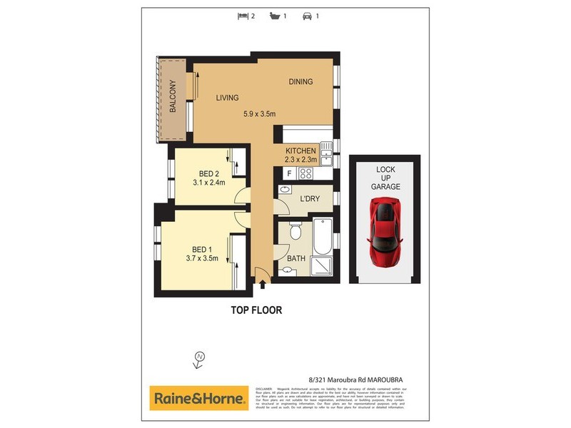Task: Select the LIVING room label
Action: pyautogui.click(x=228, y=98)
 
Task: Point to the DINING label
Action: pyautogui.click(x=300, y=81)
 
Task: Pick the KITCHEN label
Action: pyautogui.click(x=300, y=151)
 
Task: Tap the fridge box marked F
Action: pyautogui.click(x=290, y=173)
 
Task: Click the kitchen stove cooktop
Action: pyautogui.click(x=305, y=173)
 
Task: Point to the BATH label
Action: pyautogui.click(x=296, y=258)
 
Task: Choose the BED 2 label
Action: pyautogui.click(x=208, y=173)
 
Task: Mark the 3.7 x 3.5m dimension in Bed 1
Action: pyautogui.click(x=201, y=258)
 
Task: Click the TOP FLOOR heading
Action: pyautogui.click(x=256, y=310)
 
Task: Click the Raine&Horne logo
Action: pyautogui.click(x=198, y=398)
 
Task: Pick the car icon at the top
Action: pyautogui.click(x=307, y=15)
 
